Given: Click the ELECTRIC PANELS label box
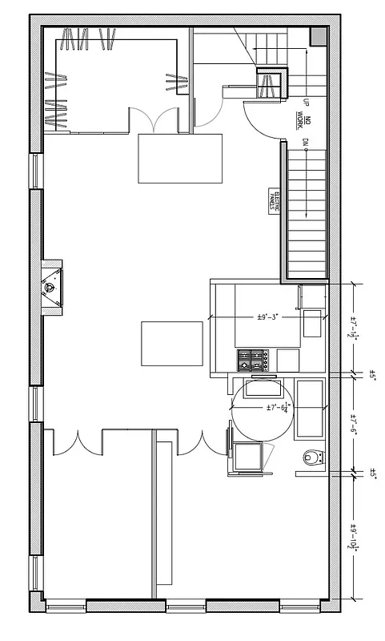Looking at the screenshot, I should click(x=272, y=200).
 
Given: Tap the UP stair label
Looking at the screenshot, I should click(x=306, y=102).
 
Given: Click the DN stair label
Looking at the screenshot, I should click(x=306, y=143).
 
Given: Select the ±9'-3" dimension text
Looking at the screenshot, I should click(x=267, y=317).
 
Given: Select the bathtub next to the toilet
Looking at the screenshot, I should click(x=310, y=408).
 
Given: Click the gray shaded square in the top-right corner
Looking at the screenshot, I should click(x=318, y=36).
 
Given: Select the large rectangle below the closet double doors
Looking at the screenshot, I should click(x=168, y=159).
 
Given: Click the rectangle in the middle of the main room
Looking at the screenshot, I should click(x=172, y=342).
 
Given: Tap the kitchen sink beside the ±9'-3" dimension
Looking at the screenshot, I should click(x=311, y=325).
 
